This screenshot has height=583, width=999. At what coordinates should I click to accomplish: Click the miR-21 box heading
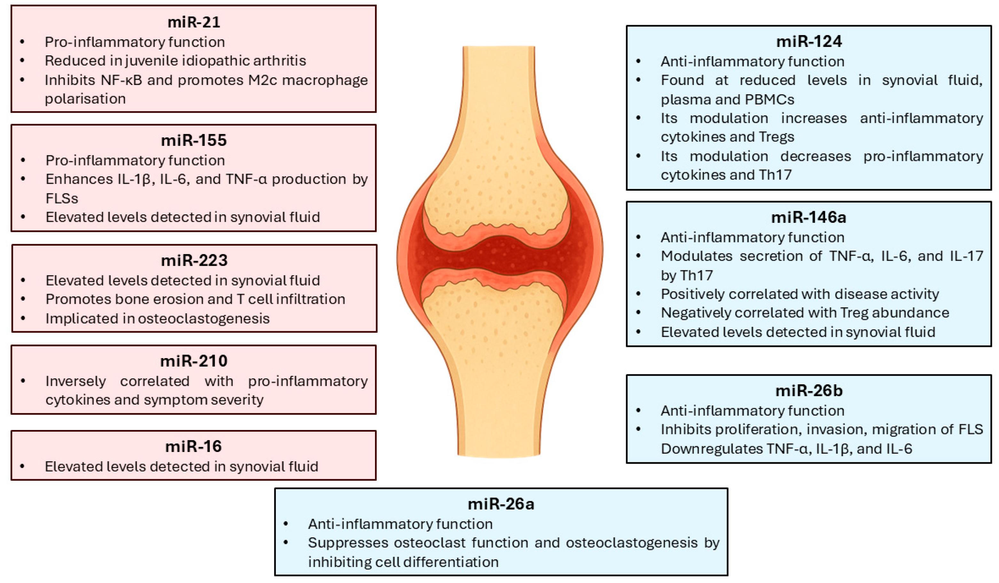pos(193,22)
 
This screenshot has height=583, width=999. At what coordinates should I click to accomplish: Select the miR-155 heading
pos(193,140)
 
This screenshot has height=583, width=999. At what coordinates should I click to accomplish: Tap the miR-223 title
pos(194,260)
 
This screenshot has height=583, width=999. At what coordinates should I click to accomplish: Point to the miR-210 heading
pos(193,361)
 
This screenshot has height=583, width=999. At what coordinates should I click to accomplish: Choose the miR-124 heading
pos(809,41)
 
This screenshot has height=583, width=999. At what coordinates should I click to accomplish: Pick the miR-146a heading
pos(808,217)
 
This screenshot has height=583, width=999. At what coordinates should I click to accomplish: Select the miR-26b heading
pos(809,390)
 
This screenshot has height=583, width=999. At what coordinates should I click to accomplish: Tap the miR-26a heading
pos(501,504)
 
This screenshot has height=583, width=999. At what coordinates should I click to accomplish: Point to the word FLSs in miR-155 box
pos(62,198)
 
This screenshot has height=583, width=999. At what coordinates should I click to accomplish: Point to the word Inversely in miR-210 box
pos(75,381)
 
